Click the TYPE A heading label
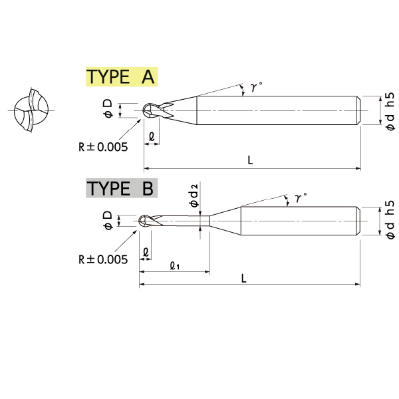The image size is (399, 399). (x=122, y=77)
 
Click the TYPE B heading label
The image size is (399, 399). (x=122, y=188)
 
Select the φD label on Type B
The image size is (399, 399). (x=108, y=220)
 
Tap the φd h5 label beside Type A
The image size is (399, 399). (x=390, y=112)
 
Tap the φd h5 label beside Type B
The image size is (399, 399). (x=390, y=220)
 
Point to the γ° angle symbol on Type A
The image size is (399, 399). (x=256, y=86)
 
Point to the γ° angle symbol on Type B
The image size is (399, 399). (x=301, y=198)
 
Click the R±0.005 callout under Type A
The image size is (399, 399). (x=103, y=147)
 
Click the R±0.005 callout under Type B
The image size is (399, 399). (x=103, y=259)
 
